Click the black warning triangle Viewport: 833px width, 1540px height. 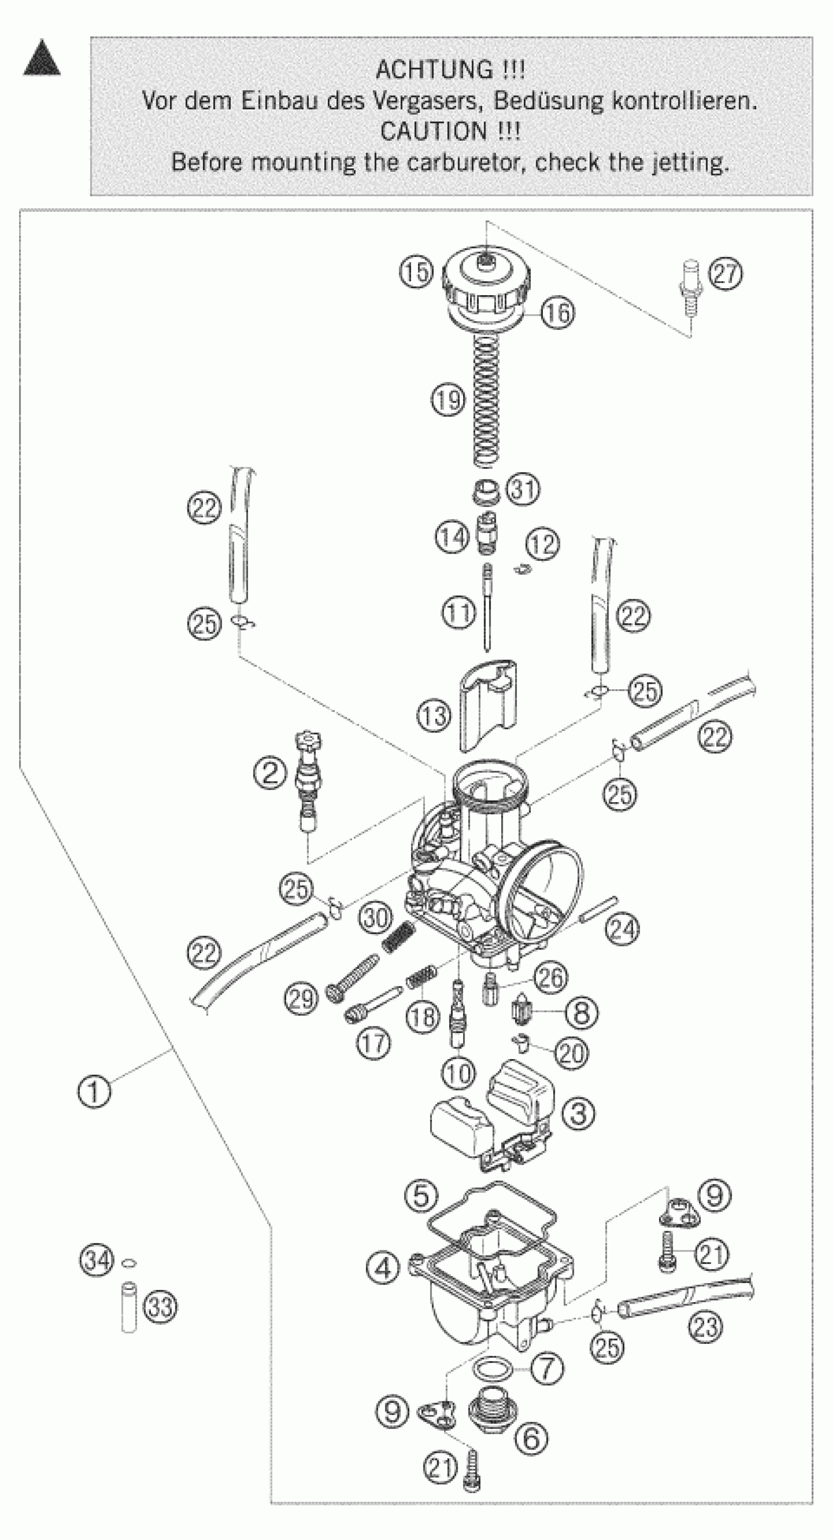point(42,60)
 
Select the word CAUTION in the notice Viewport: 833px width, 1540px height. point(433,131)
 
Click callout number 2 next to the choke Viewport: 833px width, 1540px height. point(270,773)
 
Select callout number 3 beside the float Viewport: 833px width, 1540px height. point(578,1113)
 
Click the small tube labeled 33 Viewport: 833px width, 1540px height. point(129,1307)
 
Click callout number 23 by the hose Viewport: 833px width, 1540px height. point(706,1327)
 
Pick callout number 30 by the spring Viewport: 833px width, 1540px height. point(376,916)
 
